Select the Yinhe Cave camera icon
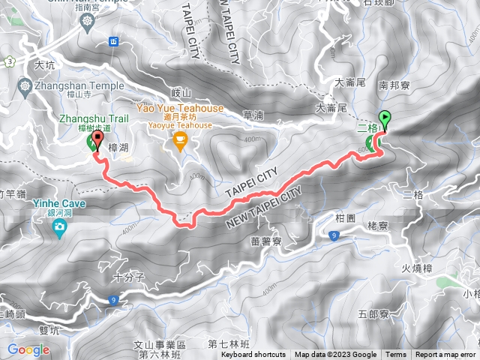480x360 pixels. (58, 224)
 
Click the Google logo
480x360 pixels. (28, 349)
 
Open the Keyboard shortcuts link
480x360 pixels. (253, 355)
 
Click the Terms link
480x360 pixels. (396, 355)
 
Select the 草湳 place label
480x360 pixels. (253, 115)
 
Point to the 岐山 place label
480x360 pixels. (181, 92)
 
